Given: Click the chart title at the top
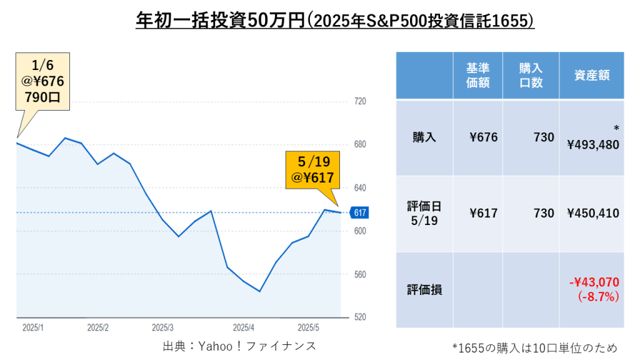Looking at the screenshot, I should click(336, 21).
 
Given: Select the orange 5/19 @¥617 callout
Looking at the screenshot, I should click(312, 169).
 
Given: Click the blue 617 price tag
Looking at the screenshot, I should click(359, 212).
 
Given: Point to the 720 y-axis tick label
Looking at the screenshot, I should click(360, 101).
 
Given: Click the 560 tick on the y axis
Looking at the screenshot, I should click(360, 274).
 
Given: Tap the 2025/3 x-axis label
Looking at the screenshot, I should click(162, 327).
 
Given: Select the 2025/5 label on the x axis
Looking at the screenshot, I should click(309, 327).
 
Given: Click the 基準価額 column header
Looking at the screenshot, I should click(477, 75).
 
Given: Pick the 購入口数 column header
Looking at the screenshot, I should click(531, 75).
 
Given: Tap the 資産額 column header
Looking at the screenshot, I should click(591, 75).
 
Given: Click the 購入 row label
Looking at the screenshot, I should click(424, 137).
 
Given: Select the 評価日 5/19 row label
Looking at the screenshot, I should click(424, 213).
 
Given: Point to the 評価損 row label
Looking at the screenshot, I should click(424, 290).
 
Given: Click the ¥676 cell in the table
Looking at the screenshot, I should click(483, 137).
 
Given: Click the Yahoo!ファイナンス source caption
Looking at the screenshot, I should click(239, 346).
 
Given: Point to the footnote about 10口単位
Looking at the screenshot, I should click(534, 347).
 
